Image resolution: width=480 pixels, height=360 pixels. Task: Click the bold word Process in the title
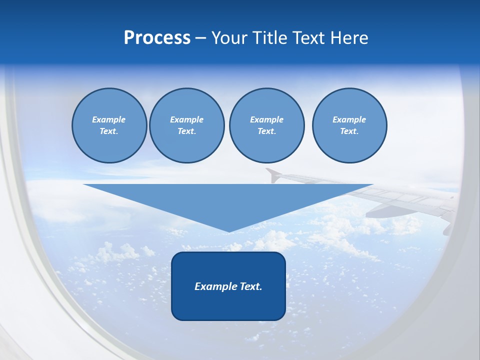click(157, 38)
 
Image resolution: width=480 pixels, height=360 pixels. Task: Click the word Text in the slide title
click(307, 38)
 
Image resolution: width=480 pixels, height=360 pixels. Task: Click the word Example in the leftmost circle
click(109, 119)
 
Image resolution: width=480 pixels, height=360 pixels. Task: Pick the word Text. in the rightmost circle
click(349, 131)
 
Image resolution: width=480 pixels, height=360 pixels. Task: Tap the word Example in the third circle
click(266, 119)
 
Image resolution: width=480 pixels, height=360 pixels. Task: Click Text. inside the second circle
click(186, 131)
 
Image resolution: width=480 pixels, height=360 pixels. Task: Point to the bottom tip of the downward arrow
click(228, 231)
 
